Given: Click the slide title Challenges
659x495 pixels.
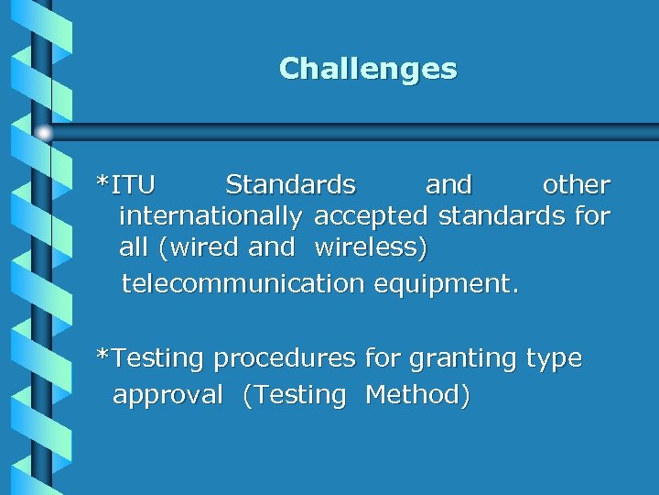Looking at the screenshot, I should pyautogui.click(x=368, y=69).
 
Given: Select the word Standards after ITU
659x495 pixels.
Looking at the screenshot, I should pyautogui.click(x=290, y=185).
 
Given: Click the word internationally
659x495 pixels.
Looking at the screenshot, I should pyautogui.click(x=211, y=218).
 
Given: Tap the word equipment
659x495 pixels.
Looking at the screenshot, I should pyautogui.click(x=446, y=284).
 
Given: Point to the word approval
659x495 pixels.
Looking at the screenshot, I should pyautogui.click(x=167, y=395).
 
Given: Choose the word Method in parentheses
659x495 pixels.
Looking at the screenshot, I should pyautogui.click(x=417, y=395).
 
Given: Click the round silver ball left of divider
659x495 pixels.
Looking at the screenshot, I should pyautogui.click(x=44, y=133).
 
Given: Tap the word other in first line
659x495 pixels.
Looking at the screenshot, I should pyautogui.click(x=576, y=185).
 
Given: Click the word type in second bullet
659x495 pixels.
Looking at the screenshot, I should pyautogui.click(x=554, y=358).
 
